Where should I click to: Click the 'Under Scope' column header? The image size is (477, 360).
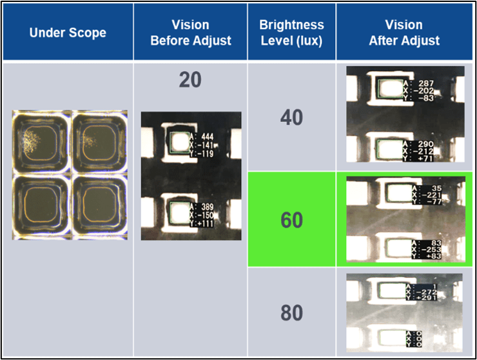pyautogui.click(x=68, y=32)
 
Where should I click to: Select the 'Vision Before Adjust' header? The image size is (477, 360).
pyautogui.click(x=190, y=32)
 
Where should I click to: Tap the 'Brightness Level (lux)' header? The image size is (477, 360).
pyautogui.click(x=291, y=32)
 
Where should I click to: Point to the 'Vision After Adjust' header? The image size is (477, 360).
pyautogui.click(x=404, y=32)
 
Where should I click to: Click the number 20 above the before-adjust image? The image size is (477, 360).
pyautogui.click(x=190, y=80)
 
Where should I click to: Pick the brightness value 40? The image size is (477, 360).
pyautogui.click(x=291, y=118)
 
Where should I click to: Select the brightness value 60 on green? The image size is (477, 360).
pyautogui.click(x=291, y=219)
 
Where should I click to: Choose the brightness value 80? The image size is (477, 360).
pyautogui.click(x=291, y=313)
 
